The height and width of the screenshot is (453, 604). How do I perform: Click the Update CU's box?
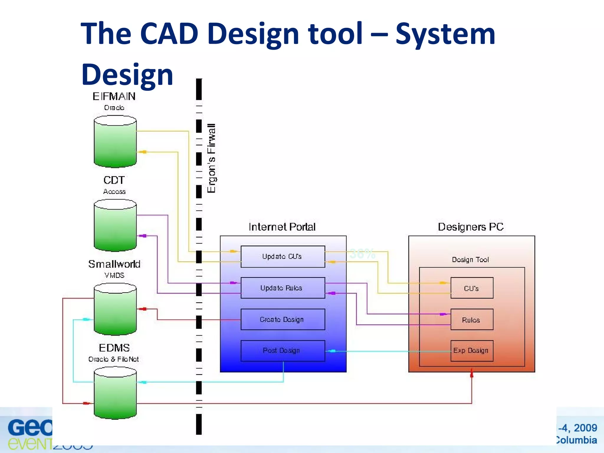click(283, 257)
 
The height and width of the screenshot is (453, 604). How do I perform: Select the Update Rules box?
click(283, 288)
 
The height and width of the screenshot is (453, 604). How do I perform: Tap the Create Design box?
click(283, 319)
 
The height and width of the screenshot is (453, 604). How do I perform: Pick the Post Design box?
click(283, 351)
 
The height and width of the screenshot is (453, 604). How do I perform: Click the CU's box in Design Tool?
click(472, 288)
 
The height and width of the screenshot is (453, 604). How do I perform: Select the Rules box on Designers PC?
click(472, 320)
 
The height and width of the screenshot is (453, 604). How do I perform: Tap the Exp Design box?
click(472, 351)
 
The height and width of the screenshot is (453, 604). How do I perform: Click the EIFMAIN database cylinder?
click(115, 142)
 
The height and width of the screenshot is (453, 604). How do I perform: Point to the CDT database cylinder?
click(115, 226)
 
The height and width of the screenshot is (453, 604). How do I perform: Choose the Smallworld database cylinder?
click(115, 309)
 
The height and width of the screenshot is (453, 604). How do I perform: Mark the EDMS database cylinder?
click(115, 393)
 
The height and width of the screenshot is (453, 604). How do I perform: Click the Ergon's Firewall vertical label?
click(211, 158)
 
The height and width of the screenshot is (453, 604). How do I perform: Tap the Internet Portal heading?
click(282, 227)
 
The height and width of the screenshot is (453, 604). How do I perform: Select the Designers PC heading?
click(471, 227)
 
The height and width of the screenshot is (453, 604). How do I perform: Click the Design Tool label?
click(470, 260)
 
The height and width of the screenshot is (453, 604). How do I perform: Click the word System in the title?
click(445, 34)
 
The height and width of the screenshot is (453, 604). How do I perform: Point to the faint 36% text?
click(362, 254)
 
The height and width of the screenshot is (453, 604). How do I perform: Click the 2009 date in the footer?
click(585, 428)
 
